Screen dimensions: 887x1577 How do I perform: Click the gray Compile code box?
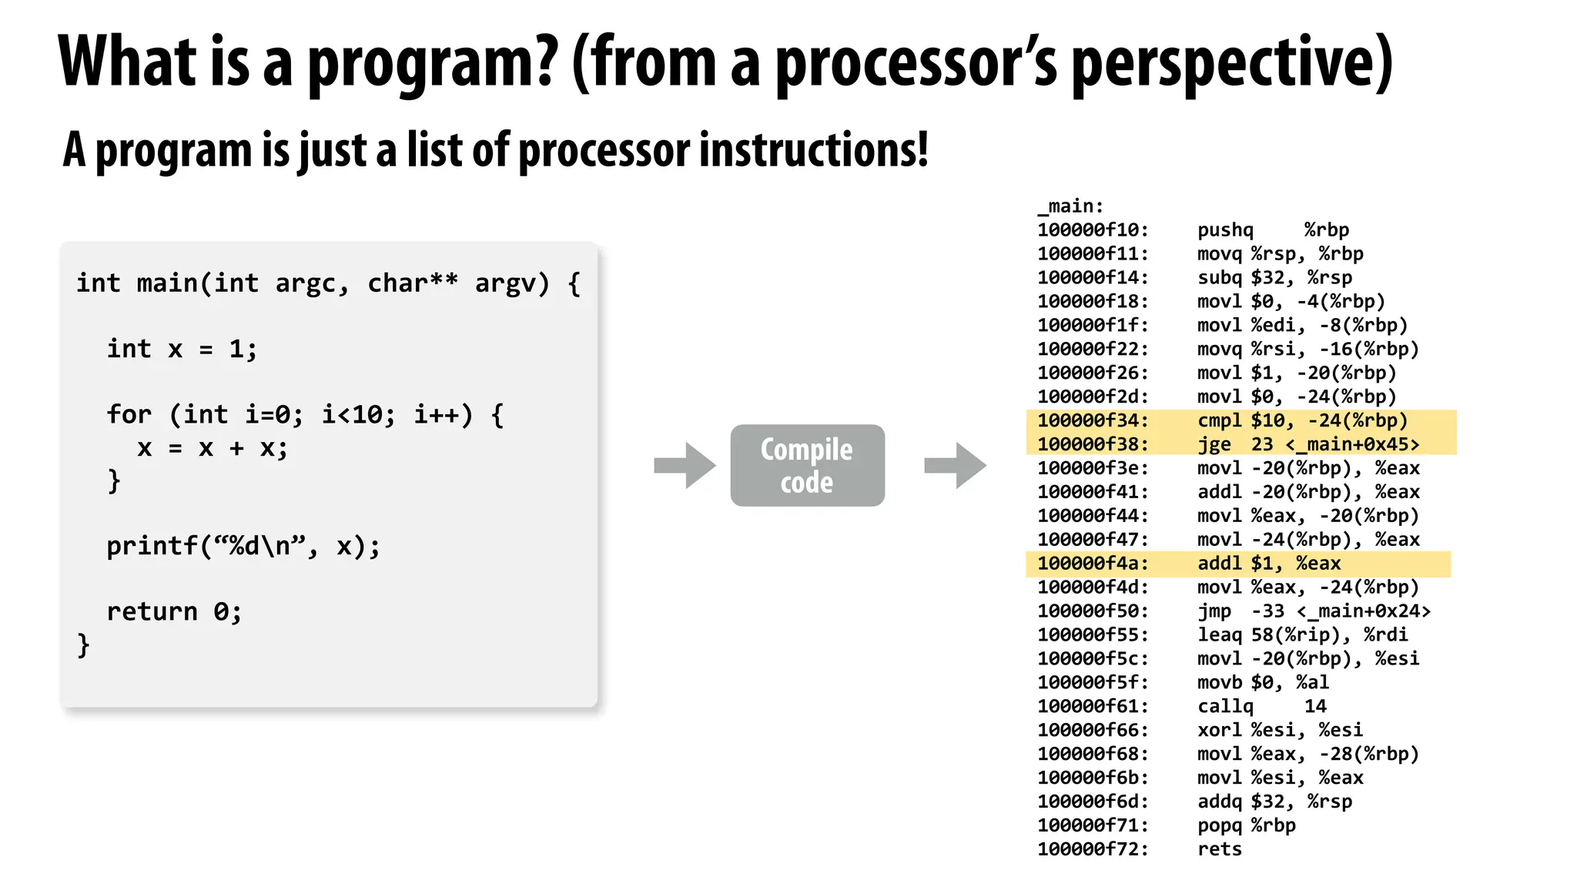[x=807, y=465]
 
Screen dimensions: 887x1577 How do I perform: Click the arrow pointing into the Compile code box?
[x=685, y=465]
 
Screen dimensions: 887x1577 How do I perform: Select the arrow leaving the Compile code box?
[x=955, y=465]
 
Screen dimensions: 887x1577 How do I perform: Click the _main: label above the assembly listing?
[x=1070, y=206]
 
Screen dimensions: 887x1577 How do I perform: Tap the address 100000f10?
[x=1093, y=230]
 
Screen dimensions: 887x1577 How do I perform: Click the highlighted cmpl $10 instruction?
[x=1302, y=420]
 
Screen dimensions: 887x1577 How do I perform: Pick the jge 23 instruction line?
[x=1307, y=444]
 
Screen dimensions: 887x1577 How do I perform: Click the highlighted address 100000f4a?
[x=1093, y=564]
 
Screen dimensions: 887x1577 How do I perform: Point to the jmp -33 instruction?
[x=1313, y=611]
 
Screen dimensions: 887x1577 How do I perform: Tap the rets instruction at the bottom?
[x=1220, y=849]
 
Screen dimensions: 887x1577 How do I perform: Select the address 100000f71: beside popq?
[x=1093, y=825]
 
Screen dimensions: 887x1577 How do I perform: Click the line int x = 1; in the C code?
[x=182, y=350]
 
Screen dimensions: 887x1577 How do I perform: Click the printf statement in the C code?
[x=243, y=547]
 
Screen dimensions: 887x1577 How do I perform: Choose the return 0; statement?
[x=174, y=612]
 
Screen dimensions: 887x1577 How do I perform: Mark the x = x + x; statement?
[x=213, y=448]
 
